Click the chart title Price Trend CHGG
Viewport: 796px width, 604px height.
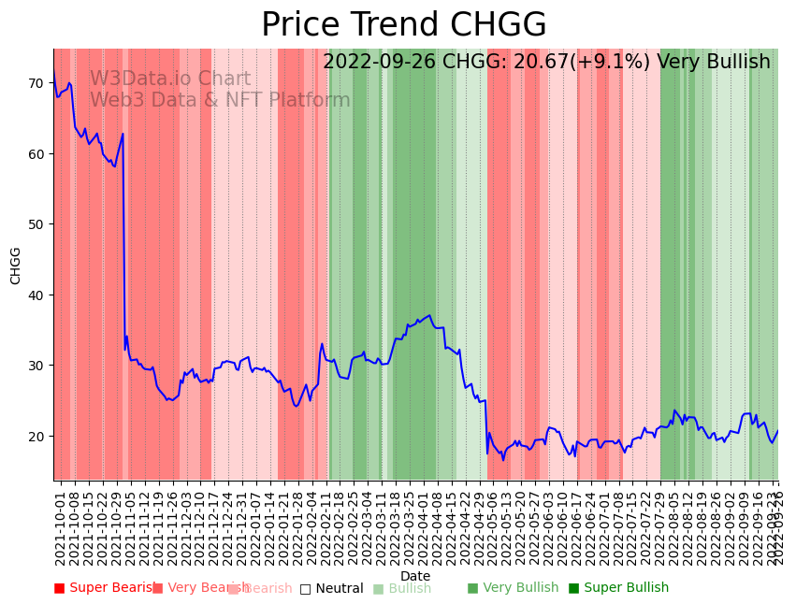point(403,25)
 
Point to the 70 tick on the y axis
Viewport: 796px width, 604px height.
point(36,83)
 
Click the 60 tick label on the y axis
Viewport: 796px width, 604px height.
point(36,153)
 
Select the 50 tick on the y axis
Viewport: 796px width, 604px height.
point(36,224)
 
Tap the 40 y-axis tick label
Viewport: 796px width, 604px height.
point(36,295)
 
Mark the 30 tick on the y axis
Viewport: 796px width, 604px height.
point(36,366)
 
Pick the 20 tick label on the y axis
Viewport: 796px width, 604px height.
point(36,436)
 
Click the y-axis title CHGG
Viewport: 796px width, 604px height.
point(16,266)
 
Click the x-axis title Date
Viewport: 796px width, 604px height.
point(415,577)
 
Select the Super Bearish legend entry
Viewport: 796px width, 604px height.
point(106,588)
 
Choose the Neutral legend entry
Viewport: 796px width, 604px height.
point(331,588)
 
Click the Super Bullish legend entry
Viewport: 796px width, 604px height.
point(618,588)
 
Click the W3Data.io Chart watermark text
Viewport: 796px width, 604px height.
point(170,79)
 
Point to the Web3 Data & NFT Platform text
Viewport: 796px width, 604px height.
point(220,100)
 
